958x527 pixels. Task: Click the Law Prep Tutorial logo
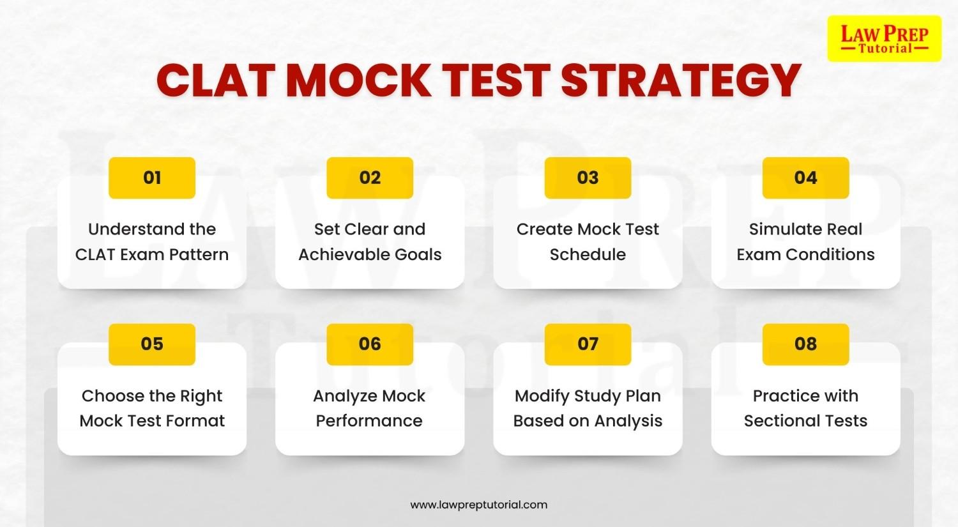pyautogui.click(x=884, y=39)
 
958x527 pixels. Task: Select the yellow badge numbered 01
pyautogui.click(x=152, y=178)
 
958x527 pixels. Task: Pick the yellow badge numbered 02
pyautogui.click(x=370, y=178)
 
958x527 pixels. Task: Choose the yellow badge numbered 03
pyautogui.click(x=588, y=178)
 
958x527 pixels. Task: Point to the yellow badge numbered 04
pyautogui.click(x=805, y=178)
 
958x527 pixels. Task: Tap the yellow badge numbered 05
pyautogui.click(x=152, y=344)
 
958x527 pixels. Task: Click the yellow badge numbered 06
pyautogui.click(x=370, y=344)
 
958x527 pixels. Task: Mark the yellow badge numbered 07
pyautogui.click(x=588, y=344)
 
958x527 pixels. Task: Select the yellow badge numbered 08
pyautogui.click(x=805, y=344)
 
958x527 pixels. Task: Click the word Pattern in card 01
pyautogui.click(x=199, y=254)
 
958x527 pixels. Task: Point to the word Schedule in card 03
pyautogui.click(x=588, y=254)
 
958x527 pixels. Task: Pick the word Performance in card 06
pyautogui.click(x=369, y=421)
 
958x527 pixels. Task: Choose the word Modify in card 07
pyautogui.click(x=542, y=396)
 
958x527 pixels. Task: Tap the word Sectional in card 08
pyautogui.click(x=779, y=421)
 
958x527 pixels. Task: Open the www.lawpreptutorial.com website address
pyautogui.click(x=479, y=505)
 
